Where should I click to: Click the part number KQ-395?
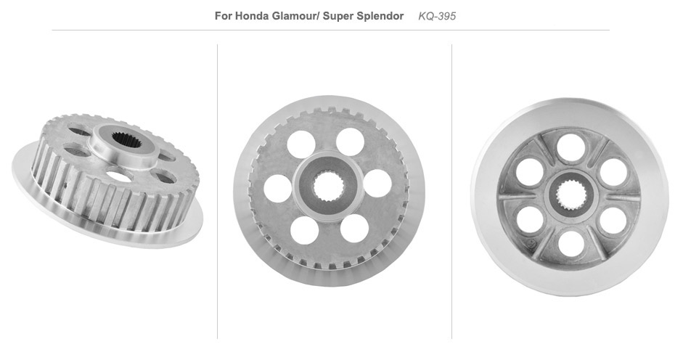coord(437,17)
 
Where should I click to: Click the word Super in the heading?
coord(338,17)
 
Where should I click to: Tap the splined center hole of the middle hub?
coord(329,187)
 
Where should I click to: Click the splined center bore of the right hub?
coord(571,195)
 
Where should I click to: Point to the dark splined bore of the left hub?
coord(126,139)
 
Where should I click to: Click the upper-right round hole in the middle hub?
coord(351,142)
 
